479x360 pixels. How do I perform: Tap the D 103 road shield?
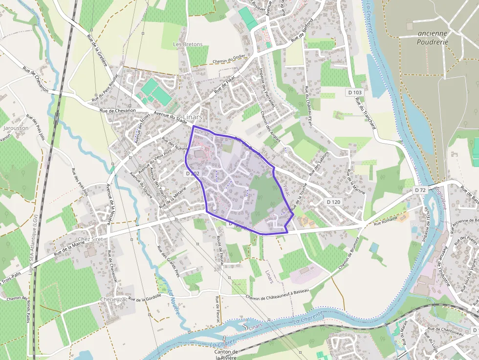point(355,92)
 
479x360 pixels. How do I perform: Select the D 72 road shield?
point(420,190)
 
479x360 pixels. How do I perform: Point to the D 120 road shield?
point(333,202)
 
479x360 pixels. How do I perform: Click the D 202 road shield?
point(193,173)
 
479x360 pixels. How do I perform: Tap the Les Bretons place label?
point(188,44)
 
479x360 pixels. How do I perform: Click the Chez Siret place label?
point(90,239)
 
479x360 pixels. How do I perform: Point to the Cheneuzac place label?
point(114,299)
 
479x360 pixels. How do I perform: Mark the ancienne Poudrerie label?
point(433,38)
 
